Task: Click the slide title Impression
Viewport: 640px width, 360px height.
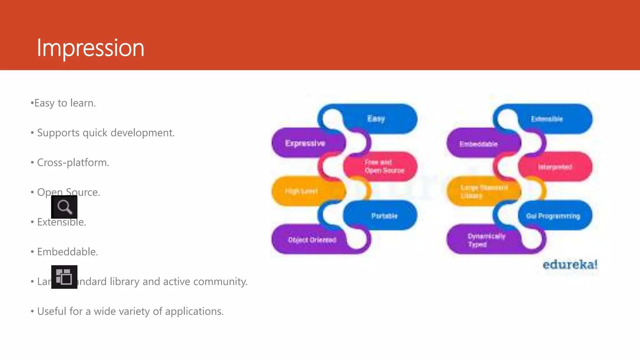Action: (x=90, y=48)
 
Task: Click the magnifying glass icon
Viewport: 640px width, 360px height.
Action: (x=64, y=207)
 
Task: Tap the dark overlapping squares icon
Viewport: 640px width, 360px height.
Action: (x=64, y=277)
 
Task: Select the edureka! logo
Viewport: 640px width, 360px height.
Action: (x=570, y=265)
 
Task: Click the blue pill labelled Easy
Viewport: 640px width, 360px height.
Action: (x=376, y=119)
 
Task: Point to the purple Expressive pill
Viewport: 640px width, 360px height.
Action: (x=305, y=143)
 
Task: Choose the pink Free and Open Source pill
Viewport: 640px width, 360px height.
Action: (x=384, y=167)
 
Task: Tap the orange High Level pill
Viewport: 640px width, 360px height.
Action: (x=302, y=191)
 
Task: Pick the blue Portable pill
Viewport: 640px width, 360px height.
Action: (x=384, y=216)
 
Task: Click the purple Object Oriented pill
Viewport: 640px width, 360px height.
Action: (x=312, y=240)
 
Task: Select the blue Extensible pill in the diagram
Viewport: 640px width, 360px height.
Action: (x=547, y=119)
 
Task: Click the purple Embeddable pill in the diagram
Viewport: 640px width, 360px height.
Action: (x=478, y=144)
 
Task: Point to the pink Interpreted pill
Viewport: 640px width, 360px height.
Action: (x=555, y=167)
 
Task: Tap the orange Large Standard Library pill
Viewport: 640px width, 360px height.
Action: (x=483, y=191)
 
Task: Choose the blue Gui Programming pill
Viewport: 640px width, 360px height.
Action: (x=553, y=216)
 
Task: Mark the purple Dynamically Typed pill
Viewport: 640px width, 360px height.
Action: (x=486, y=240)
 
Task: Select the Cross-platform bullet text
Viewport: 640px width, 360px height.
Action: (x=73, y=162)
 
